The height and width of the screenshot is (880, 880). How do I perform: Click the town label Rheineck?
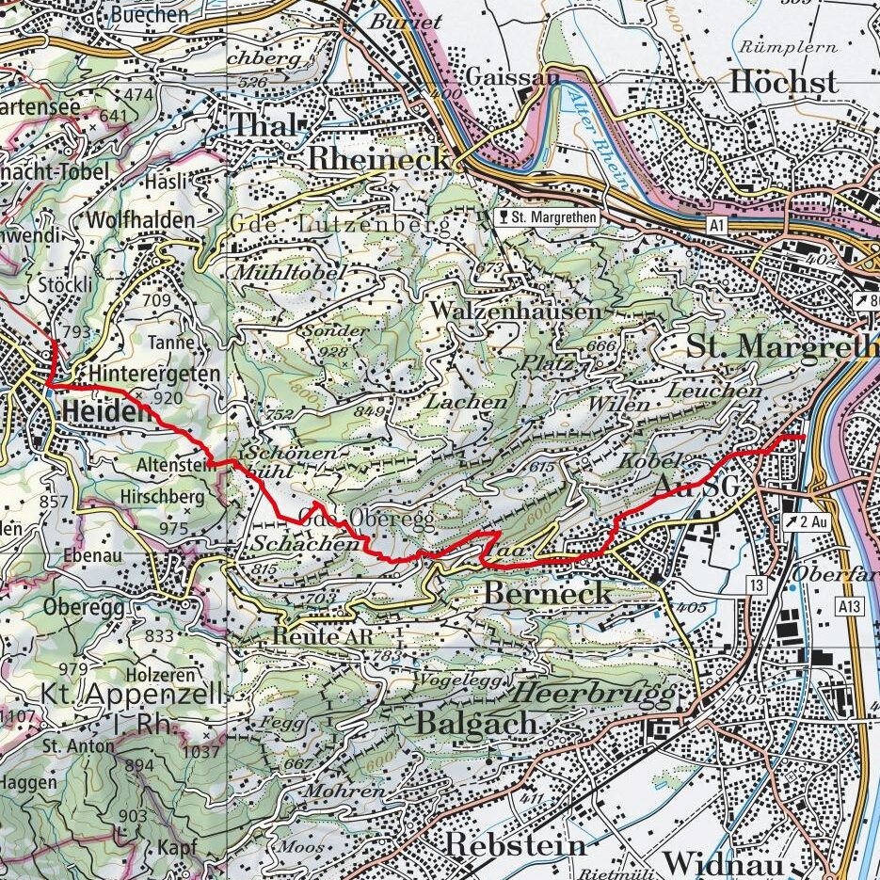pyautogui.click(x=378, y=159)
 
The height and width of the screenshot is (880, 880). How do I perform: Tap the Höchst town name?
pyautogui.click(x=783, y=83)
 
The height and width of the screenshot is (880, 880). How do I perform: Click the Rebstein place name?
pyautogui.click(x=514, y=844)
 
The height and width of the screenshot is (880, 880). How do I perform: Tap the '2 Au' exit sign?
pyautogui.click(x=807, y=520)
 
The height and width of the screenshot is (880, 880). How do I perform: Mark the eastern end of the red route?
pyautogui.click(x=802, y=438)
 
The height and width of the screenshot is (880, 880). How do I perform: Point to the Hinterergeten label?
pyautogui.click(x=156, y=374)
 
